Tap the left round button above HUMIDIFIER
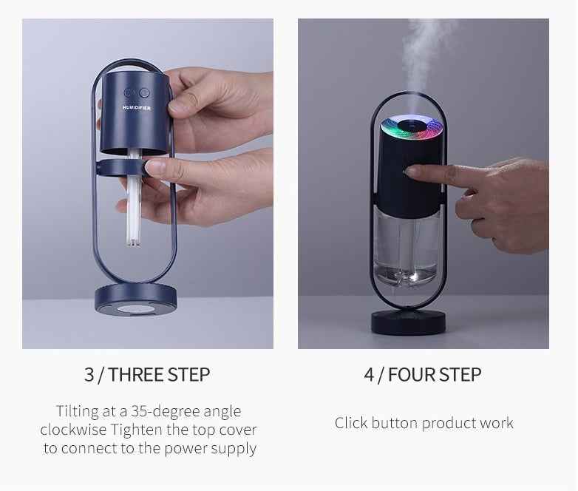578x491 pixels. point(130,93)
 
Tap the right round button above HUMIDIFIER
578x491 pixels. point(143,93)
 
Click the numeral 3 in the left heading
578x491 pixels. point(89,375)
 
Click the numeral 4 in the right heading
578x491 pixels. point(369,375)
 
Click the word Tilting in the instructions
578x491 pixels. point(77,411)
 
